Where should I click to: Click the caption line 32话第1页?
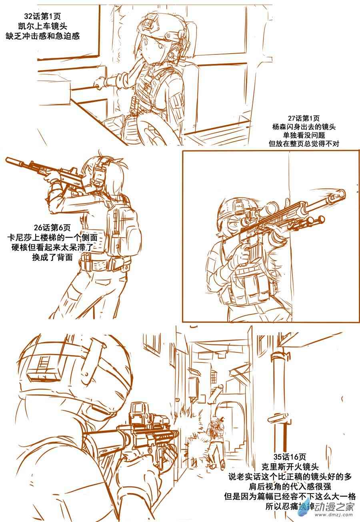[42, 16]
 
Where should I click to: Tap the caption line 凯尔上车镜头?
[43, 26]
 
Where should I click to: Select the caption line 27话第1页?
[304, 118]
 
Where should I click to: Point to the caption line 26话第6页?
[52, 228]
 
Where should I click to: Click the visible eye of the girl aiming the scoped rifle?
[234, 225]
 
